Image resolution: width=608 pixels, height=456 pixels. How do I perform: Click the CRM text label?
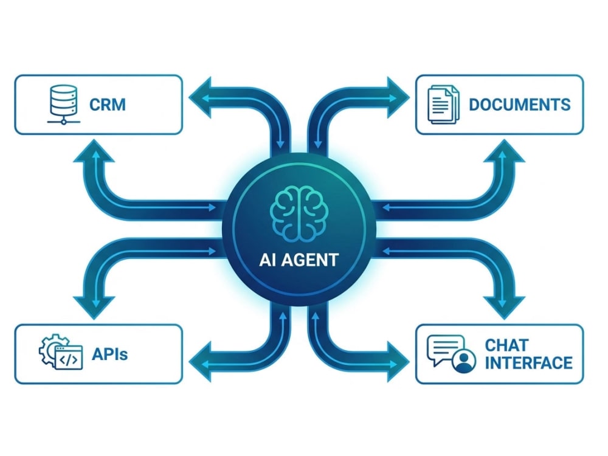pos(108,105)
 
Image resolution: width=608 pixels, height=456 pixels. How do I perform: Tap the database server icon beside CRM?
pos(64,105)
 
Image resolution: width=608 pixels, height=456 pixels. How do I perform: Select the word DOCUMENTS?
pos(520,105)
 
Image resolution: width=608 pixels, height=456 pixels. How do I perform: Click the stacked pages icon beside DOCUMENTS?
pos(443,105)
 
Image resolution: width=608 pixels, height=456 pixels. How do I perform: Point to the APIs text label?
pos(109,354)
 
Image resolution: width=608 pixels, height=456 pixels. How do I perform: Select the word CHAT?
pos(506,345)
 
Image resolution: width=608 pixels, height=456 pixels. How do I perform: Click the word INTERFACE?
pos(528,363)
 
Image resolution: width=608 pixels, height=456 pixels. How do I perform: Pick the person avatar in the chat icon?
pos(464,361)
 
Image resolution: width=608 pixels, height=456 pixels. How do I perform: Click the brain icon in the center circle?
pos(299,213)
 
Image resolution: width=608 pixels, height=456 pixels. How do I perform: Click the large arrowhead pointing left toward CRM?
pos(200,97)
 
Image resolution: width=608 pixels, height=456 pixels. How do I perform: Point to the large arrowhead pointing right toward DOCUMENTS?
pos(398,97)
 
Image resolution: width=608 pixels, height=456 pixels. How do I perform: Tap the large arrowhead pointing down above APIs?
pos(94,308)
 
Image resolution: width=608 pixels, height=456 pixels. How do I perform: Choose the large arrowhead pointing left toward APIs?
pos(200,362)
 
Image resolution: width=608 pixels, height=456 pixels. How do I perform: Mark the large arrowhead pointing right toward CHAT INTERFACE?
pos(398,362)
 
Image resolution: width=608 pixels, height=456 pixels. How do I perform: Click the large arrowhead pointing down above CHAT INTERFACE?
pos(504,308)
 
